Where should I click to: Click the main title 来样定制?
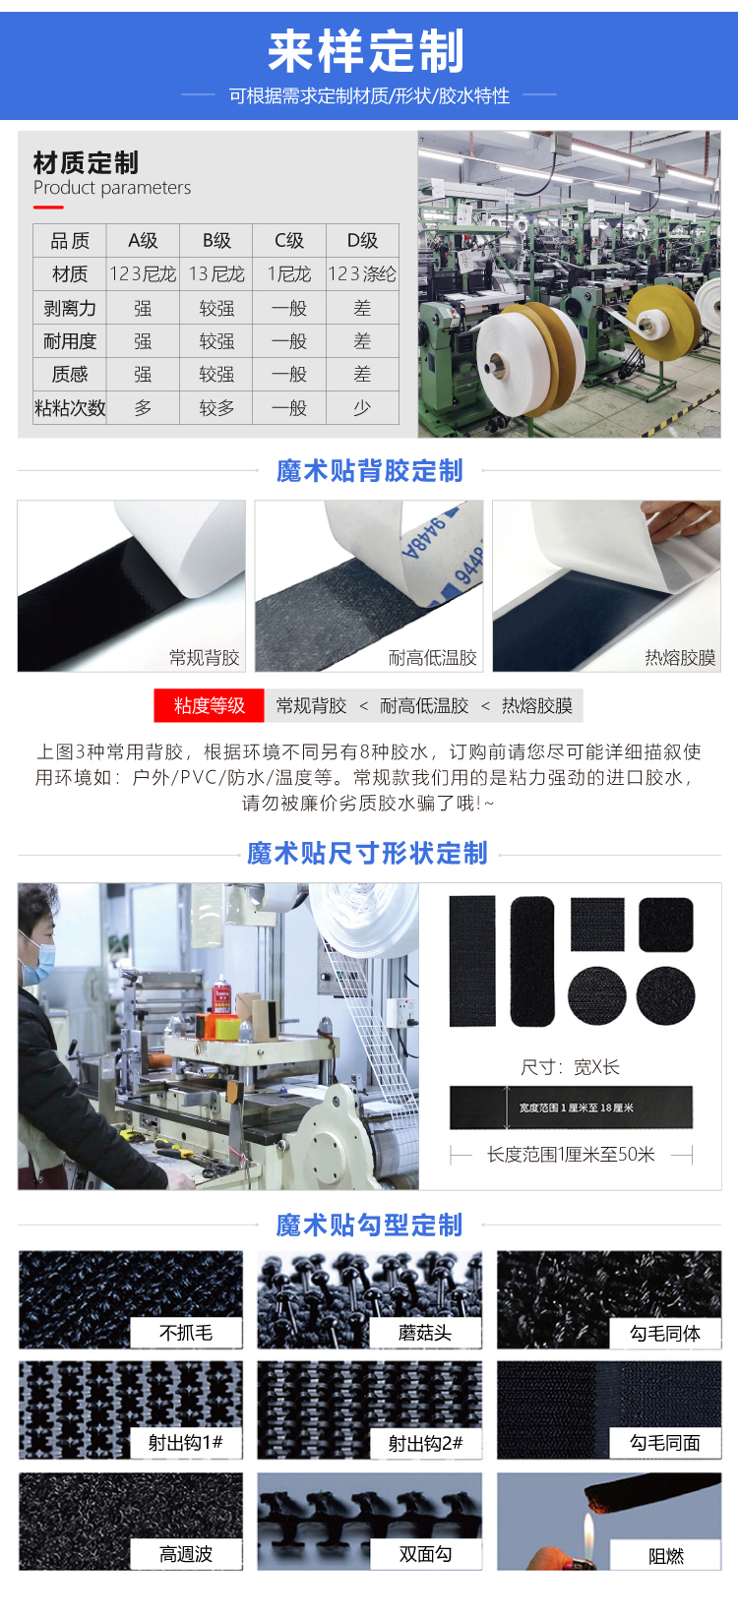pos(366,51)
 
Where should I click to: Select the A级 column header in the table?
pos(143,241)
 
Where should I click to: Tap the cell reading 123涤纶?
pos(362,274)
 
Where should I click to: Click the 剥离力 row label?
pos(70,309)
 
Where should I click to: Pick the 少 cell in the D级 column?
pos(362,408)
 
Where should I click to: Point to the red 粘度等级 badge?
pos(209,705)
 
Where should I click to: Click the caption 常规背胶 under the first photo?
pos(204,657)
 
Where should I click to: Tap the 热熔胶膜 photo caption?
pos(680,657)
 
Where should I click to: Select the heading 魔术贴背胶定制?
pos(369,471)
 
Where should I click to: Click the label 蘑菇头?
pos(425,1333)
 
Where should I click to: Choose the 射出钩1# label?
pos(186,1443)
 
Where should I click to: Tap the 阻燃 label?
pos(666,1556)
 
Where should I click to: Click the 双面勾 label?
pos(425,1554)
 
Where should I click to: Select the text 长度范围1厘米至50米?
pos(571,1155)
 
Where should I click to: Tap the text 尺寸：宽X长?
pos(571,1067)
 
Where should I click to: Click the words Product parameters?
pos(112,188)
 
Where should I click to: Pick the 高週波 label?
pos(186,1554)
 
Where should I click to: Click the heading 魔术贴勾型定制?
pos(369,1226)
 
